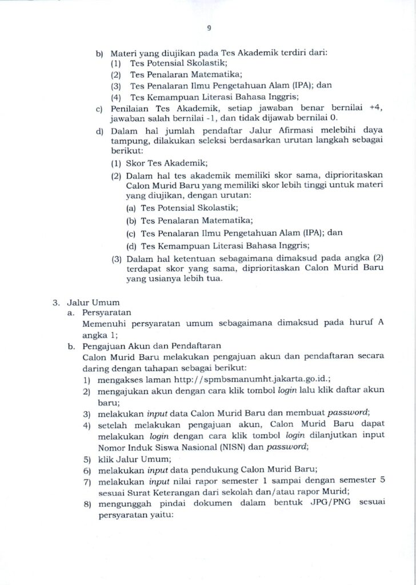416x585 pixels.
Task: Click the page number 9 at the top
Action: point(208,26)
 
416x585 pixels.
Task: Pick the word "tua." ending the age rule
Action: point(218,279)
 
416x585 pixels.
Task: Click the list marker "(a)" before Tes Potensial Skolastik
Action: point(131,209)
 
